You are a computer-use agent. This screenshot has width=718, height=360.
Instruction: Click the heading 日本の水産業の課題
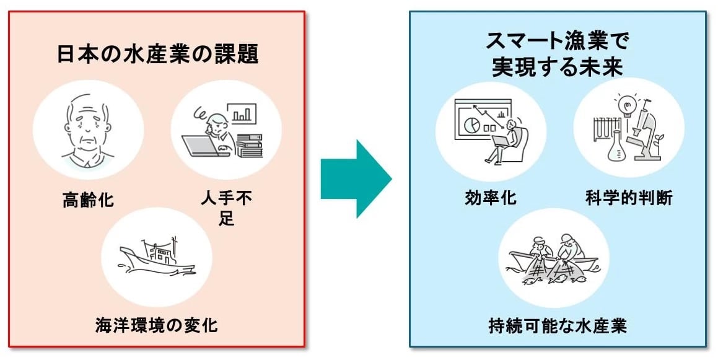(157, 55)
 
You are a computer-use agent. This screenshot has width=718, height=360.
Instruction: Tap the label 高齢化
(88, 200)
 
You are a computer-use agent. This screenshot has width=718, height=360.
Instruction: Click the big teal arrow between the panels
(355, 178)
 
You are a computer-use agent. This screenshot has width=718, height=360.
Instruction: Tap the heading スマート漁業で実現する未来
(557, 55)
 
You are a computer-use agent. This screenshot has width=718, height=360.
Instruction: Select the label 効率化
(490, 198)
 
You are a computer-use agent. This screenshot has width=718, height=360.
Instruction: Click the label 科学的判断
(629, 198)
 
